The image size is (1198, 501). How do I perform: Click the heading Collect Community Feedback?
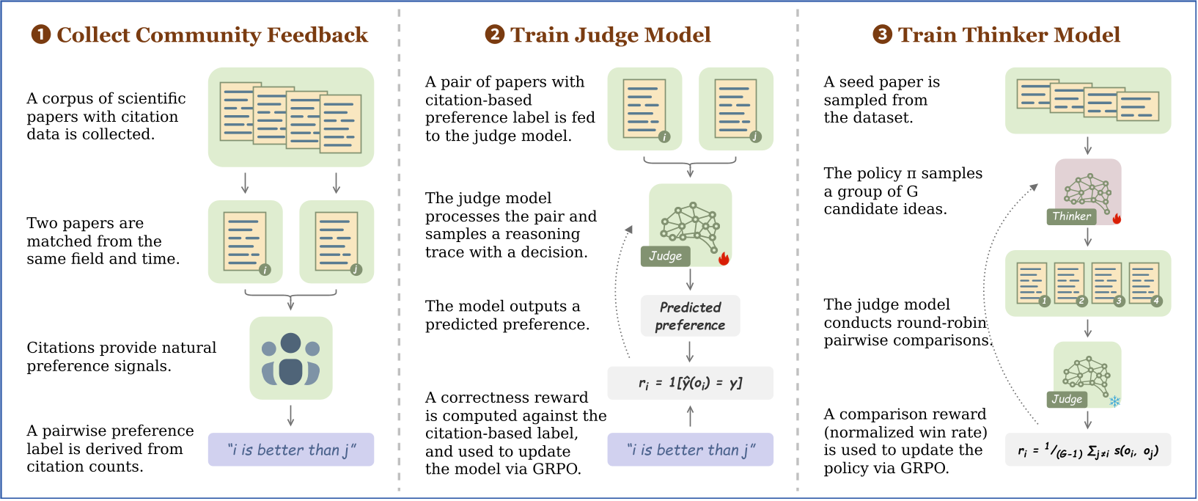(x=212, y=35)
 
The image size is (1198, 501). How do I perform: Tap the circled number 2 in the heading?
(x=495, y=34)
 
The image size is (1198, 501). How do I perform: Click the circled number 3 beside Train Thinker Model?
(x=883, y=34)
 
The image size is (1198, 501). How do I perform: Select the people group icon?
(x=291, y=359)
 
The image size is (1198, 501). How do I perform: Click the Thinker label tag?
(x=1071, y=216)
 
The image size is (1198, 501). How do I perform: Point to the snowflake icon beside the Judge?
(x=1114, y=402)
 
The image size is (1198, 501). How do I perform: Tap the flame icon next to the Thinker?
(x=1117, y=219)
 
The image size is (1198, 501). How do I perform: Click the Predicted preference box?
(x=690, y=316)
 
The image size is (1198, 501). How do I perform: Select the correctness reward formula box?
(x=690, y=383)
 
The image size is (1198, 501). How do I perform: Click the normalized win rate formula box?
(x=1088, y=450)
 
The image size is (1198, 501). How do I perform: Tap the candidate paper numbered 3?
(x=1106, y=283)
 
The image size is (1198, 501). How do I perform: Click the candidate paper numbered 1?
(x=1032, y=283)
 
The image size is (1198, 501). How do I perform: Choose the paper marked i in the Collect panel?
(x=245, y=241)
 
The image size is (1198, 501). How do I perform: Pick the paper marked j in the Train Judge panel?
(x=735, y=109)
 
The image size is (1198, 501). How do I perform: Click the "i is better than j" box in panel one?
(x=291, y=450)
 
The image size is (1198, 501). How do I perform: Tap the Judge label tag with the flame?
(x=665, y=256)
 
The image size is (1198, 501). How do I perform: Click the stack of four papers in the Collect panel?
(x=291, y=117)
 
